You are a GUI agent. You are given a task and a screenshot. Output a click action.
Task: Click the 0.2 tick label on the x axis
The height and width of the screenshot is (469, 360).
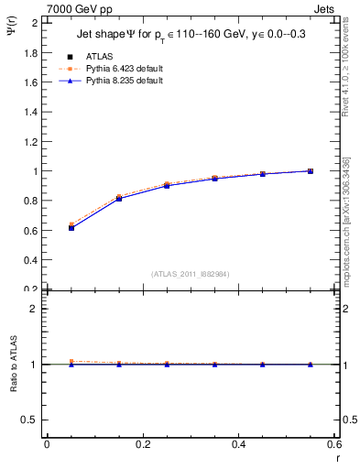(x=142, y=445)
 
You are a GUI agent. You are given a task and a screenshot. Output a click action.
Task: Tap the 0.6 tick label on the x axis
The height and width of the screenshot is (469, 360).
(x=333, y=445)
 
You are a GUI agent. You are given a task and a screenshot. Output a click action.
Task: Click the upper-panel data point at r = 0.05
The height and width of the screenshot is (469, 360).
(x=71, y=227)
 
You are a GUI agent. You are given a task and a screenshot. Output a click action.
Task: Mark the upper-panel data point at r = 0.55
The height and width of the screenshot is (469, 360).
(x=311, y=171)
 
